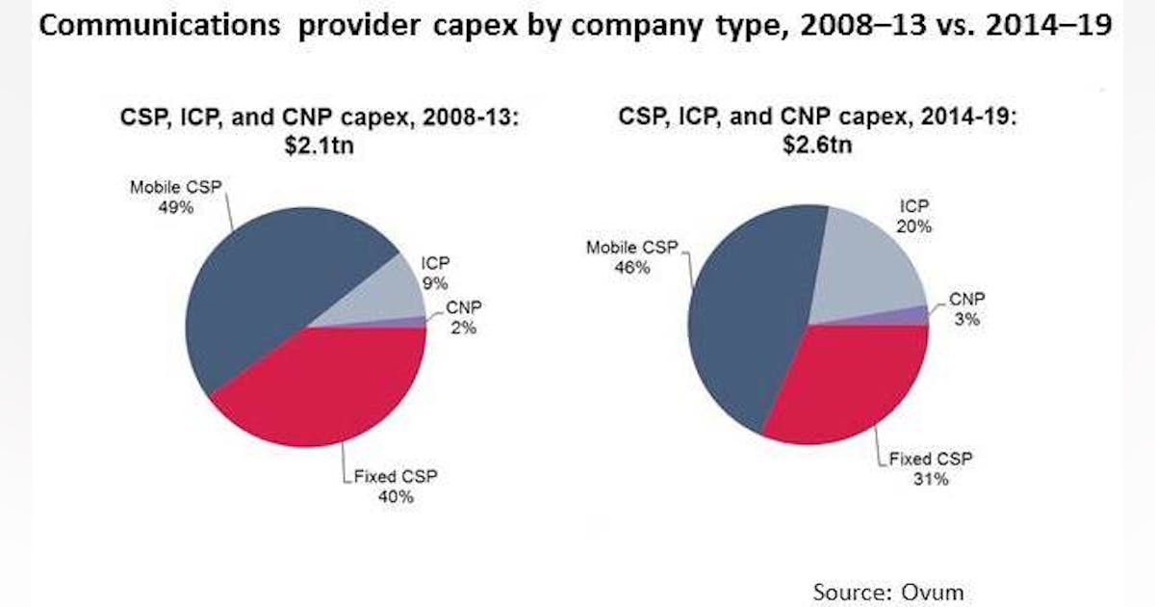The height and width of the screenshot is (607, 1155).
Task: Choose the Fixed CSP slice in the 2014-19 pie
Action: click(x=847, y=385)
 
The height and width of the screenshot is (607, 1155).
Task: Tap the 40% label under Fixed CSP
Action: click(x=395, y=497)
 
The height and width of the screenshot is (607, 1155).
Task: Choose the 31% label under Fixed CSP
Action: click(x=931, y=479)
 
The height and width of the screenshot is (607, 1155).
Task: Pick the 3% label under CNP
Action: click(x=965, y=319)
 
